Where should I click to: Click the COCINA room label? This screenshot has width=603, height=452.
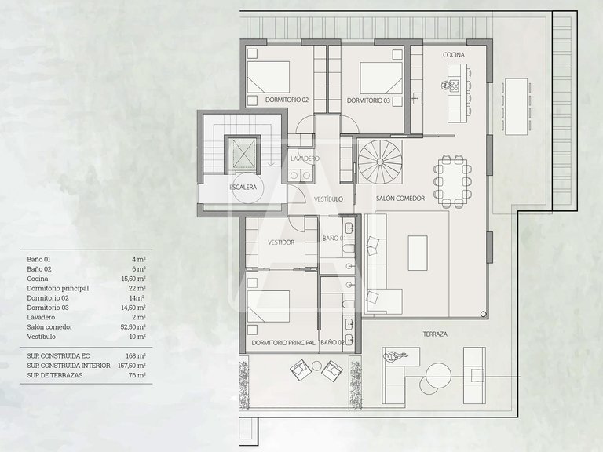click(x=454, y=55)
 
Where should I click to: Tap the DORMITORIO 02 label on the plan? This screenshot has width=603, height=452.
click(x=287, y=100)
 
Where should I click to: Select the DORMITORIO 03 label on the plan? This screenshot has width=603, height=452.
click(x=368, y=100)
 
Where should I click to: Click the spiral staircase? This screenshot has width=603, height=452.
click(x=380, y=162)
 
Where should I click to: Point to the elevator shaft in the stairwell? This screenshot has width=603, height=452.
click(x=243, y=153)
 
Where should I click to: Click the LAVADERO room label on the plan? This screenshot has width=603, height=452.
click(x=305, y=159)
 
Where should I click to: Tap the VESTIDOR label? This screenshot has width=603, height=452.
click(x=281, y=242)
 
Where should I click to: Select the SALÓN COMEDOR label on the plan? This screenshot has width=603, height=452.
click(x=400, y=199)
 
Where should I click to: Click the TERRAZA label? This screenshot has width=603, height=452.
click(x=435, y=334)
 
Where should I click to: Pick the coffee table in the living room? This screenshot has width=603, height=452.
click(x=418, y=253)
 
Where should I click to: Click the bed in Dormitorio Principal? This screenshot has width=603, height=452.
click(x=268, y=306)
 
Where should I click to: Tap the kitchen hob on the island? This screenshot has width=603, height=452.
click(x=454, y=86)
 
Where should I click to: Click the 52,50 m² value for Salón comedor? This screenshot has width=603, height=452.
click(x=133, y=327)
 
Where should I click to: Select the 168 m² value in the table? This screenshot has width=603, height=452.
click(x=136, y=356)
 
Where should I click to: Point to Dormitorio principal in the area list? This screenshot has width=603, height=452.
click(x=57, y=288)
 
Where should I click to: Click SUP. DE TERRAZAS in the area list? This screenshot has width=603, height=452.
click(x=55, y=375)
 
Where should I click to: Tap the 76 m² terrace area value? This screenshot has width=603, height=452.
click(x=137, y=375)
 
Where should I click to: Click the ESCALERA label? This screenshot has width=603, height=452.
click(x=243, y=188)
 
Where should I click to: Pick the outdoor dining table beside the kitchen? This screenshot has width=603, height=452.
click(x=516, y=107)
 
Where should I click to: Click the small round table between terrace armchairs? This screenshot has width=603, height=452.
click(x=316, y=366)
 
